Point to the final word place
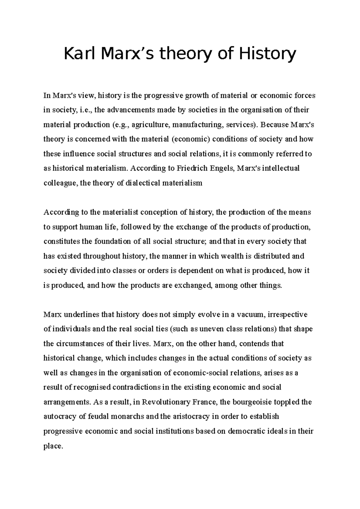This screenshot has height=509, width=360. [x=53, y=446]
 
